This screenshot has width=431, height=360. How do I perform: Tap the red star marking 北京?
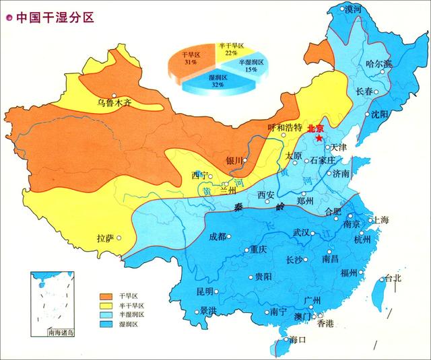319,137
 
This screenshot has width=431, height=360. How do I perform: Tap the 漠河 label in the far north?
352,9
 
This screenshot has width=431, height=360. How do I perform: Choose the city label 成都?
218,236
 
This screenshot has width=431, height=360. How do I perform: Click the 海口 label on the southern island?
297,339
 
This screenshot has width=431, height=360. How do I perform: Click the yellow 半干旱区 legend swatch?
106,305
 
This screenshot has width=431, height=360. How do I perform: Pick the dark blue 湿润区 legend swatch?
106,324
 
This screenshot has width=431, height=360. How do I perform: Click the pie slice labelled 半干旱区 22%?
231,49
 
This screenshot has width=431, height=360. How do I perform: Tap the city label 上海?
380,219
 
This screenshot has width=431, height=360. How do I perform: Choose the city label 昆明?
204,291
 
